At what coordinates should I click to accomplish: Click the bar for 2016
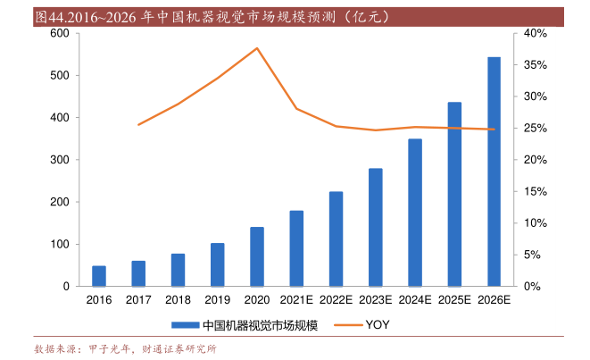click(x=99, y=276)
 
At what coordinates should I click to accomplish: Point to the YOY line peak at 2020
click(x=257, y=48)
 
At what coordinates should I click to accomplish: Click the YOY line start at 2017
click(x=139, y=124)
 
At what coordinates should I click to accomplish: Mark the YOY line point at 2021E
click(x=296, y=109)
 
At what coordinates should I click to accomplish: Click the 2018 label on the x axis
click(x=178, y=301)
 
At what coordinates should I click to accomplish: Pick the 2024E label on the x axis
click(x=414, y=301)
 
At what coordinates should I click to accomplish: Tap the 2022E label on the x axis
click(x=336, y=301)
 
